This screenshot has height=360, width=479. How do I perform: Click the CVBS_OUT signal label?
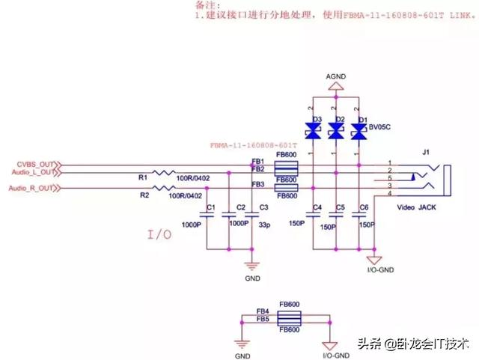point(36,164)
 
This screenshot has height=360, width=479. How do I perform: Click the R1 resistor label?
point(143,177)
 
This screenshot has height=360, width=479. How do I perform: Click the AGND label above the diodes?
point(336,77)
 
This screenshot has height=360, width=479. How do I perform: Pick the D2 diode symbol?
point(336,130)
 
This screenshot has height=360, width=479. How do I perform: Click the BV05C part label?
point(381,128)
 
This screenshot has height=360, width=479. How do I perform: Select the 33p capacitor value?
point(263,223)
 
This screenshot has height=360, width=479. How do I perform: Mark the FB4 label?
point(263,311)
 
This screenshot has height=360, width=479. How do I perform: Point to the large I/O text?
point(159,235)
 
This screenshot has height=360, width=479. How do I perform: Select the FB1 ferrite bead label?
point(257,162)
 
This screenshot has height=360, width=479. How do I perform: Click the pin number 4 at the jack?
point(388,195)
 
